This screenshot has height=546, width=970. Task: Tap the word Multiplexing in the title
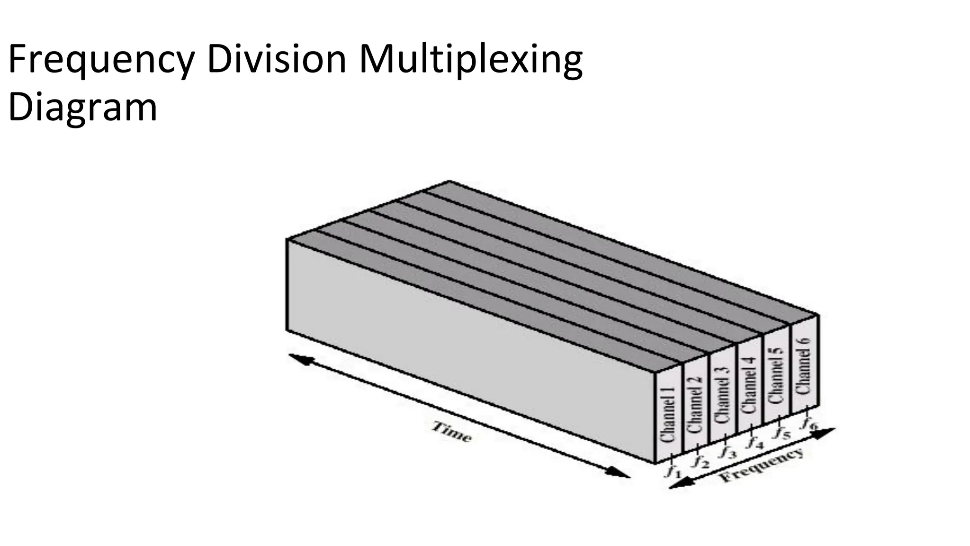click(470, 61)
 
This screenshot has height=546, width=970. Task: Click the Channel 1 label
click(668, 415)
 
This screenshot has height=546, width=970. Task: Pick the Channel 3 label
click(722, 395)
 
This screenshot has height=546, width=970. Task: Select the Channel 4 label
click(749, 384)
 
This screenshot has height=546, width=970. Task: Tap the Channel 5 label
click(776, 375)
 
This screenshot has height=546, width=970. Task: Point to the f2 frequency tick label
click(699, 460)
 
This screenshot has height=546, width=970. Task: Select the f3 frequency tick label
click(727, 451)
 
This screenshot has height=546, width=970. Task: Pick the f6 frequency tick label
click(808, 423)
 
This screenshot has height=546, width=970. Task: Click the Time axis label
click(451, 432)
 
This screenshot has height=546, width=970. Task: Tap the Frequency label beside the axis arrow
click(762, 464)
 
